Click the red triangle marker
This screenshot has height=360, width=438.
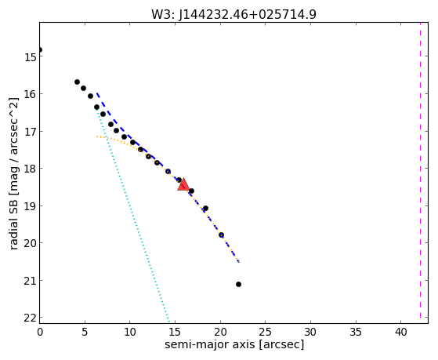coord(183,184)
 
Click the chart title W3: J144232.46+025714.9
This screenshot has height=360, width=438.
coord(233,14)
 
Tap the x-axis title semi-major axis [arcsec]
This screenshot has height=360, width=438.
coord(234,344)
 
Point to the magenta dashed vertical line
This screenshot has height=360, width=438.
coord(420,173)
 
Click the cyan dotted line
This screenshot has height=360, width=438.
coord(132,215)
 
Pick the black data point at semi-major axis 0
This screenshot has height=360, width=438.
coord(40,49)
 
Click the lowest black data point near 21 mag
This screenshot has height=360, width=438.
coord(238,284)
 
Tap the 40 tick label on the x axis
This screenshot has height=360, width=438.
coord(400,332)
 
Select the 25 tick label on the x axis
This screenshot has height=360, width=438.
coord(265,332)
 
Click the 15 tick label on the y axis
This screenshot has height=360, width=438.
coord(29,57)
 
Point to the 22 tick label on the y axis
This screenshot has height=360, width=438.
coord(29,318)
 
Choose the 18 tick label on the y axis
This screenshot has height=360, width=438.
coord(29,169)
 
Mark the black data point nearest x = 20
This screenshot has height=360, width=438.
coord(221,235)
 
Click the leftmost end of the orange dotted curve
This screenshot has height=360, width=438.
coord(96,136)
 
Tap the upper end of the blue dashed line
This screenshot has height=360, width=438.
coord(96,93)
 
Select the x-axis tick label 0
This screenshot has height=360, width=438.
coord(40,332)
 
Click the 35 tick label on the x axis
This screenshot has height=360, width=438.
coord(355,332)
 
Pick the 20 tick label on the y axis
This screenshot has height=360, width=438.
coord(29,243)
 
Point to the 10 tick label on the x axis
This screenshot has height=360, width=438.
coord(130,332)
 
